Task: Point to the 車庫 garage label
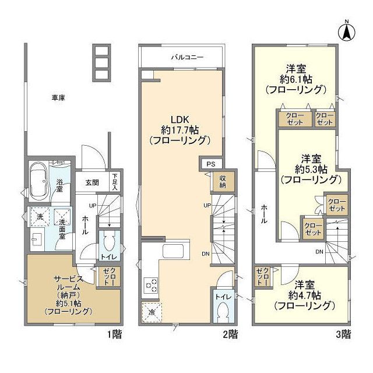coord(57,98)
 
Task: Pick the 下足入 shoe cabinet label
coord(115,182)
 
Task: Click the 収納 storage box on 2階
coord(223,182)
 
